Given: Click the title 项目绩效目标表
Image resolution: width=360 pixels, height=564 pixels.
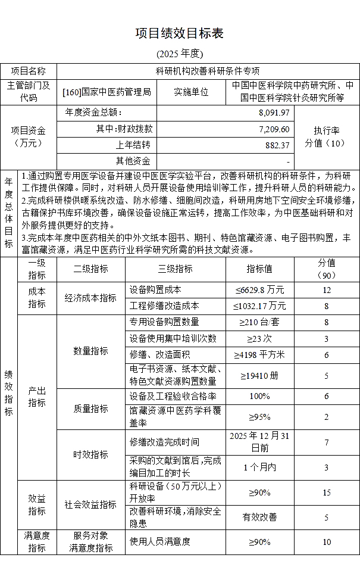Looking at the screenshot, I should coord(180,33).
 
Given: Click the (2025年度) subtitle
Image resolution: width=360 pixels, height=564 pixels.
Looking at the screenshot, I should coord(180,54).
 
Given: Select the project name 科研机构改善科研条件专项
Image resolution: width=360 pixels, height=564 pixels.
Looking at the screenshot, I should coord(208,71).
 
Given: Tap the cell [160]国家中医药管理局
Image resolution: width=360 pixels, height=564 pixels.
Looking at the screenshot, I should coord(107,92).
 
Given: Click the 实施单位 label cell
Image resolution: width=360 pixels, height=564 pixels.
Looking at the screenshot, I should coord(191,92).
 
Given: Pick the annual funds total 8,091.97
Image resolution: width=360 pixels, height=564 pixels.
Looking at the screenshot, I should coord(273,112).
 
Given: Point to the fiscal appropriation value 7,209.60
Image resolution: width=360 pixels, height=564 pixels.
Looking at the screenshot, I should coord(274,128).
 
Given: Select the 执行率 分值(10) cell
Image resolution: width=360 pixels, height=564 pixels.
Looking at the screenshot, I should coord(326,136).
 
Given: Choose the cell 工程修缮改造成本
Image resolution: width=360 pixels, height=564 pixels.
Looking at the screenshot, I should coord(164,306).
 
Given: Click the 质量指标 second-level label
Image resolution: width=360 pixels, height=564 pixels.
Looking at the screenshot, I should coord(90,409).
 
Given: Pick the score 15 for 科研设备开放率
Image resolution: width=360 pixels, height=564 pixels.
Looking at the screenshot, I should coord(326,493).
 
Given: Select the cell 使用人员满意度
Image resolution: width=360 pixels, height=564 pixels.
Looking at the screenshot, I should coord(160,541).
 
